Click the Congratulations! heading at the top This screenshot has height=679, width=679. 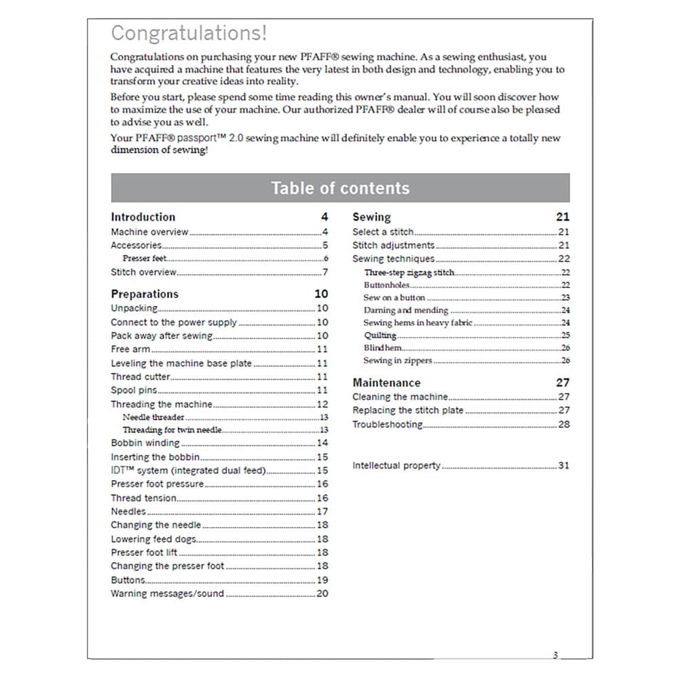pos(189,33)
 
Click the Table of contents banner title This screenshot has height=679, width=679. pos(340,188)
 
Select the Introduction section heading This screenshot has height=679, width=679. pos(143,217)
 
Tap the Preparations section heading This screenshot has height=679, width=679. pos(145,294)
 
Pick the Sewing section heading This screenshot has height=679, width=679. pos(371,217)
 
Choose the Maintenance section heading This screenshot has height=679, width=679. pos(386,383)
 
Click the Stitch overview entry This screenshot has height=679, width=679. pos(143,272)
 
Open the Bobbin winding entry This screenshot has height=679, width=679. pos(145,443)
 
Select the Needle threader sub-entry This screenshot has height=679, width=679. pos(153,418)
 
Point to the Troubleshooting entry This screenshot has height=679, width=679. pos(387,424)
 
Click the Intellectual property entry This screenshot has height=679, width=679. pos(396,466)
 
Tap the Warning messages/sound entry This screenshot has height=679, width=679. pos(167,593)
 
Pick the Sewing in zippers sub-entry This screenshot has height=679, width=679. pos(397,361)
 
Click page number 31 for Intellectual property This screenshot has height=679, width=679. pos(564,466)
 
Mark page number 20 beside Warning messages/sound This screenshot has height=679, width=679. pos(323,593)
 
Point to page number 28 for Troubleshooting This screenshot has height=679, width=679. pos(564,424)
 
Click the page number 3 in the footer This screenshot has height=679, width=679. pos(555,655)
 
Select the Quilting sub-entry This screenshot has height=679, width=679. pos(380,335)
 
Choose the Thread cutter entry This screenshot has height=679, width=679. pos(141,377)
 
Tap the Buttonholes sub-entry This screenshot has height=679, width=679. pos(386,285)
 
